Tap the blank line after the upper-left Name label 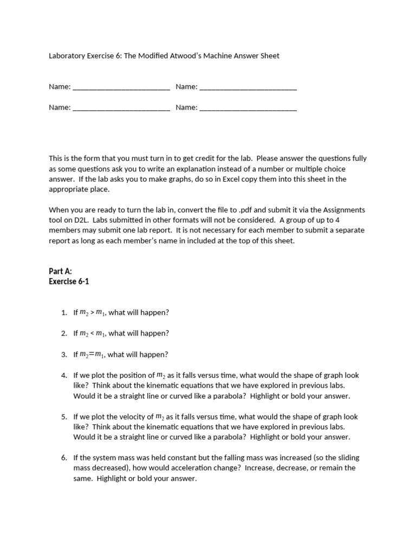point(121,87)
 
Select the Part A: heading point(60,272)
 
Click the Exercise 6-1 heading point(69,282)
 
